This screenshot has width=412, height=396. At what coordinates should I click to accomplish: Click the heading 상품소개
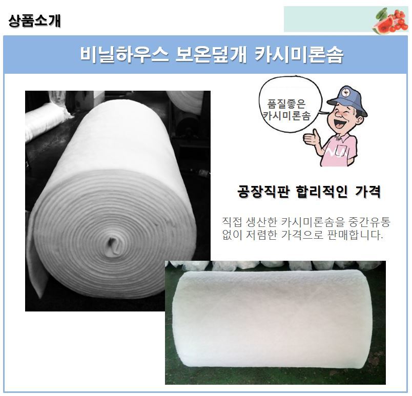click(34, 20)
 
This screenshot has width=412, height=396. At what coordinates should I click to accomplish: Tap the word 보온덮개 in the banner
click(211, 55)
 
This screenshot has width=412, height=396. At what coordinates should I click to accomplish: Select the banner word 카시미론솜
click(299, 55)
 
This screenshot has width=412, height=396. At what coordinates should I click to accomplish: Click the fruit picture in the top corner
click(390, 20)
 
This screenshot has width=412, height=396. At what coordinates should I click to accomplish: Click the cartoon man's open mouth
click(338, 122)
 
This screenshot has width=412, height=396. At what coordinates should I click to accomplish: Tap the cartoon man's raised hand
click(312, 138)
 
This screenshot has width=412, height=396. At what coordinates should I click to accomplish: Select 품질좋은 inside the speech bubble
click(286, 103)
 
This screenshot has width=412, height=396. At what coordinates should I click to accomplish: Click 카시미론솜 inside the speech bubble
click(286, 115)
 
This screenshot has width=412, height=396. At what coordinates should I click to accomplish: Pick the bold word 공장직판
click(263, 192)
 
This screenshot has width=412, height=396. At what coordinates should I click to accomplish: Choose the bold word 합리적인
click(322, 192)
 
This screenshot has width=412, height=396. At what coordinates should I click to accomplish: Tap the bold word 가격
click(368, 192)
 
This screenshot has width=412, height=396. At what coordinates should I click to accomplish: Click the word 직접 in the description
click(232, 222)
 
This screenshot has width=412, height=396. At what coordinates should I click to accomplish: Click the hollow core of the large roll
click(114, 244)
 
